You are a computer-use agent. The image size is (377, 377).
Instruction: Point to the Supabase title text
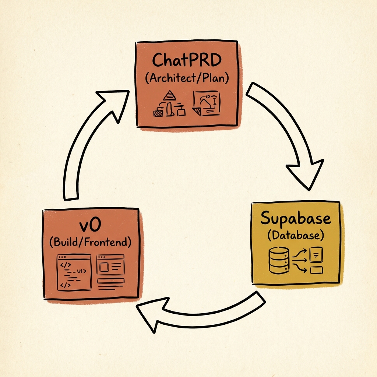tap(296, 219)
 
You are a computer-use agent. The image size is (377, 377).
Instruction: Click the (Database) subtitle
tap(296, 235)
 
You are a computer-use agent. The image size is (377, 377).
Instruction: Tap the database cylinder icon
tap(279, 260)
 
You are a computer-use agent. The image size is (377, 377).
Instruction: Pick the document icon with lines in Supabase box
tap(316, 254)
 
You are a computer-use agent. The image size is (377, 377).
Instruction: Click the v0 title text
tap(91, 225)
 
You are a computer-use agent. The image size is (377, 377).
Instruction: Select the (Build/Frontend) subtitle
tap(91, 242)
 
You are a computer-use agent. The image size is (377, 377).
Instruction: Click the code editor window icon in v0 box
tap(74, 272)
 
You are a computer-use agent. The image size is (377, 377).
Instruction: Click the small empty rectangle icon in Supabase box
tap(316, 271)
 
